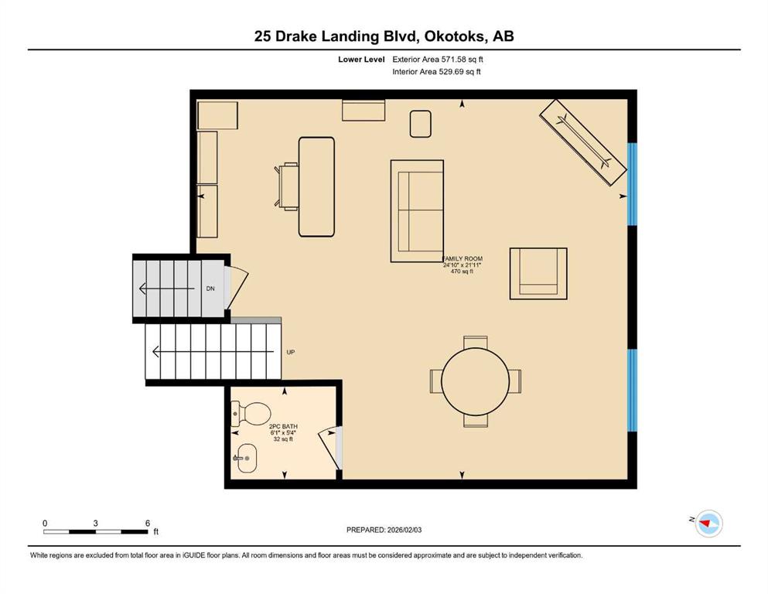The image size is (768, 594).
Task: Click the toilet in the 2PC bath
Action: (x=251, y=413)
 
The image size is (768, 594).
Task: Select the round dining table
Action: (x=475, y=381)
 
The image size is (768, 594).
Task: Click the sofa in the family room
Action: (x=417, y=211)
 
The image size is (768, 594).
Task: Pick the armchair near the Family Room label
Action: (x=538, y=273)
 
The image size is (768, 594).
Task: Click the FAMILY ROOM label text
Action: (x=463, y=258)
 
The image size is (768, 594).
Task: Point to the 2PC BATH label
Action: (x=283, y=426)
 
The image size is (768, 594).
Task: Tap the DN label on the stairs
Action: (x=210, y=288)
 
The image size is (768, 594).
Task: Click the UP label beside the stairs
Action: (x=291, y=352)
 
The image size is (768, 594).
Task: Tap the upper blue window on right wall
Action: (x=633, y=184)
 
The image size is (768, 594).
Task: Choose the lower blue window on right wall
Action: (x=633, y=391)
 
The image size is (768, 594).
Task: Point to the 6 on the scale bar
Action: (x=148, y=523)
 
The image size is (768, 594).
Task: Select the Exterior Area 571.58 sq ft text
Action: (x=438, y=60)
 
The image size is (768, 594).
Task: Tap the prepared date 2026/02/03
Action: (x=404, y=530)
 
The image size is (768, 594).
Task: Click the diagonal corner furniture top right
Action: (x=583, y=142)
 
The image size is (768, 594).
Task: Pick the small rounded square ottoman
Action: (x=420, y=124)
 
